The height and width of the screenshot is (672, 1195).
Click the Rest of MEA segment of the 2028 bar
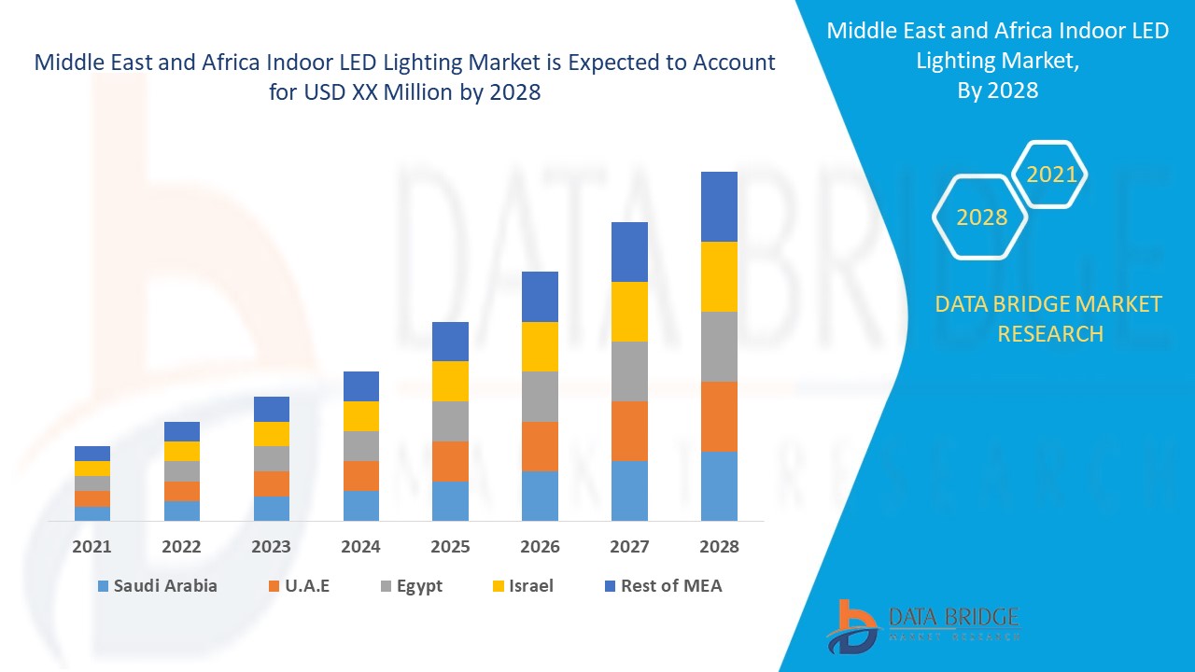(719, 206)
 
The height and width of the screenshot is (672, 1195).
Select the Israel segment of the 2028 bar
(719, 276)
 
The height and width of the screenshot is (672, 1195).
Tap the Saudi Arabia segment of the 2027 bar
(629, 490)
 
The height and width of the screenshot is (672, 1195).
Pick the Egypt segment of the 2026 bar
(540, 397)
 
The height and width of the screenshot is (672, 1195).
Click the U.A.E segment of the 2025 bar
(450, 461)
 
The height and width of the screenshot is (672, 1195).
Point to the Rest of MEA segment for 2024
(361, 386)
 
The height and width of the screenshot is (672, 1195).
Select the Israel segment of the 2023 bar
(272, 434)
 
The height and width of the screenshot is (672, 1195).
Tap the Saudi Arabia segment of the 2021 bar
(92, 513)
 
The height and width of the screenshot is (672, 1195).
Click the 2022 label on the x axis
(182, 547)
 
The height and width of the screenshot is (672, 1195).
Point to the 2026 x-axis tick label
(540, 547)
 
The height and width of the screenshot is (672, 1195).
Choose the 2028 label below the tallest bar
(719, 547)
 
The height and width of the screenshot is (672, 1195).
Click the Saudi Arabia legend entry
(157, 586)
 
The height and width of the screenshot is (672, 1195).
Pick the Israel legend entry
(522, 586)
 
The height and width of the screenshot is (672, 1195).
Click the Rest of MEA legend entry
(662, 586)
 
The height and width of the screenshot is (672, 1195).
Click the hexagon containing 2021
(1050, 175)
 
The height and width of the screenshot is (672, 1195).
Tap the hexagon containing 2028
(980, 217)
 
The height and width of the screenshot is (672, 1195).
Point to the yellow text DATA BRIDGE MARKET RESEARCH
(1049, 318)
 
